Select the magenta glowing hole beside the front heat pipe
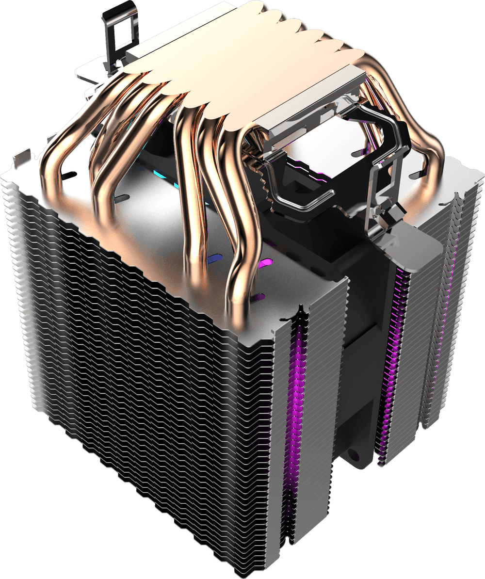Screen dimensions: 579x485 click(x=264, y=263)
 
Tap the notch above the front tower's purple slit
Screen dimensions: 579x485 click(x=301, y=311)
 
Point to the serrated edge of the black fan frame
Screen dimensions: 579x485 click(x=264, y=184)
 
